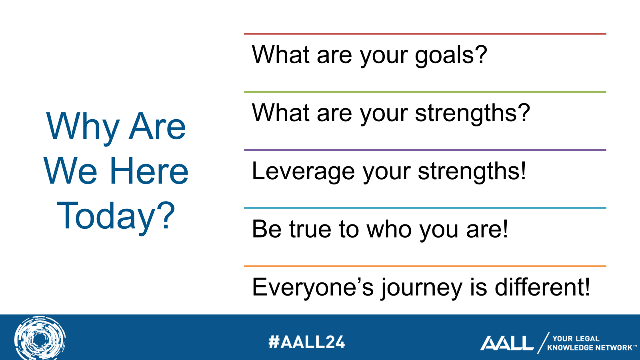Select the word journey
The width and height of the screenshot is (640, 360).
tap(421, 288)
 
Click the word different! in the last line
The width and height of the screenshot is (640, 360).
tap(542, 287)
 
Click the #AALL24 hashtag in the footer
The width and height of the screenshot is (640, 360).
tap(306, 342)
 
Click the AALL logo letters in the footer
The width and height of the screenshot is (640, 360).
tap(507, 343)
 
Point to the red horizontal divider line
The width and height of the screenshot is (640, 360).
tap(425, 34)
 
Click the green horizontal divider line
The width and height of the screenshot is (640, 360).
tap(425, 92)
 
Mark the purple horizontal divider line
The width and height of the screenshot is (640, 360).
tap(425, 150)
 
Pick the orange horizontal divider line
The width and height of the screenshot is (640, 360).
tap(425, 266)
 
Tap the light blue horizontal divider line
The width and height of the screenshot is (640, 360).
tap(425, 208)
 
